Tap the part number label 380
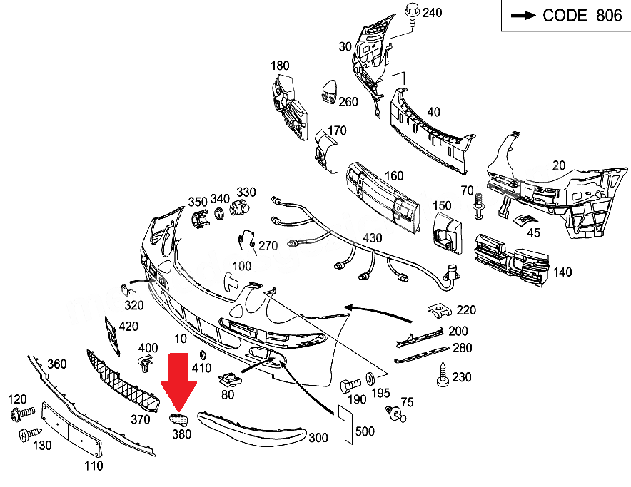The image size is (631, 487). click(181, 432)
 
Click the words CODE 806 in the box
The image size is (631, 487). click(582, 16)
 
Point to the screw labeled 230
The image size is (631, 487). click(442, 376)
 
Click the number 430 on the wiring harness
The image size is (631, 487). click(372, 238)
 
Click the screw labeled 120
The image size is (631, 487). click(20, 414)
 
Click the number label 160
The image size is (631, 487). click(393, 176)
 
